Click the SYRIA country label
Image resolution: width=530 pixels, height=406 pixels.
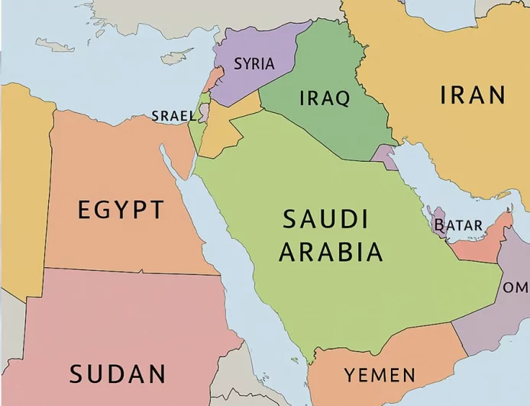254,64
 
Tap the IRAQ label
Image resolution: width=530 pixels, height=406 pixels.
324,98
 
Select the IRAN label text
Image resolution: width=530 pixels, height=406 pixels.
473,95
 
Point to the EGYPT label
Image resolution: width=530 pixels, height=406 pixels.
121,209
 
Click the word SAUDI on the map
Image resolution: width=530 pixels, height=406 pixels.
325,220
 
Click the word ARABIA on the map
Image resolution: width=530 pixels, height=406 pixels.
331,252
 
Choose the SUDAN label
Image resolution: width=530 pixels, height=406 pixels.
118,374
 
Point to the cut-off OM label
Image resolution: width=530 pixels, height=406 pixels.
515,288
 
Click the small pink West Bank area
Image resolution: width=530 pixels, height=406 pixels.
204,113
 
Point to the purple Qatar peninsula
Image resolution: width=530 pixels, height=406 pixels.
439,221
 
